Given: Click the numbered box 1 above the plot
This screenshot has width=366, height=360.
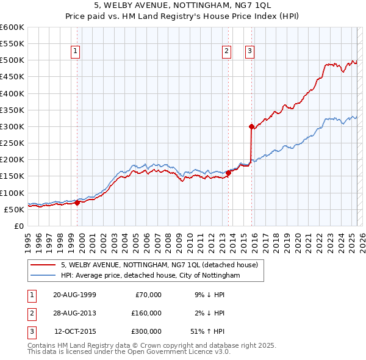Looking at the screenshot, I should pos(75,51).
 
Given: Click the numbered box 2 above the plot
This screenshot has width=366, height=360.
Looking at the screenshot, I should pos(226,51).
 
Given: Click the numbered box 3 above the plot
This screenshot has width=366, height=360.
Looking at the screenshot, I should pos(250,51).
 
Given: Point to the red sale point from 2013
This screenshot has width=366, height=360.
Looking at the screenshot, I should pos(228,173).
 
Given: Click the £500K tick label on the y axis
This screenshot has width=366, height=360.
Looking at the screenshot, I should pos(12,60).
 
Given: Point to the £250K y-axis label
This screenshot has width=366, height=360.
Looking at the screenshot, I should pos(12,143).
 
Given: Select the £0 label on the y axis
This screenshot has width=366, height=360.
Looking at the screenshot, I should pos(18,226).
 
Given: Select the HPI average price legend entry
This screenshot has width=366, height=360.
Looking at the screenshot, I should pos(151,275).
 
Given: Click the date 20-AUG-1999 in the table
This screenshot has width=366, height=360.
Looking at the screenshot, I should pos(74,295).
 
